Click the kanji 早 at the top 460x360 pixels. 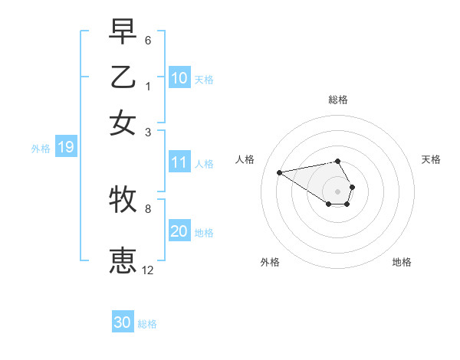123,32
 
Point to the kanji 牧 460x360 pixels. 123,200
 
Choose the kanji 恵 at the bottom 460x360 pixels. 123,261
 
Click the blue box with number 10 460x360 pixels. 179,77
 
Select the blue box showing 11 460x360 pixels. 179,162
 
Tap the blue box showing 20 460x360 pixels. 179,231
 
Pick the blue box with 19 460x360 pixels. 66,148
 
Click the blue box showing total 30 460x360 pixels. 123,322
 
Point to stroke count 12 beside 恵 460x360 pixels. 148,270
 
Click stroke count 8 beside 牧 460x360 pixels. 148,208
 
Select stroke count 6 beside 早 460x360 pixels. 148,40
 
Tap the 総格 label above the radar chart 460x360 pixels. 338,100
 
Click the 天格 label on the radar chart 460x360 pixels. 432,159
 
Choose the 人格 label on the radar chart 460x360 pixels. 245,159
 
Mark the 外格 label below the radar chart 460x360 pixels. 270,263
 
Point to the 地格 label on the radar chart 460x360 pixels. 402,263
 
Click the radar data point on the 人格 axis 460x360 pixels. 279,172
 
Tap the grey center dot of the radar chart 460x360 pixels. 338,191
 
